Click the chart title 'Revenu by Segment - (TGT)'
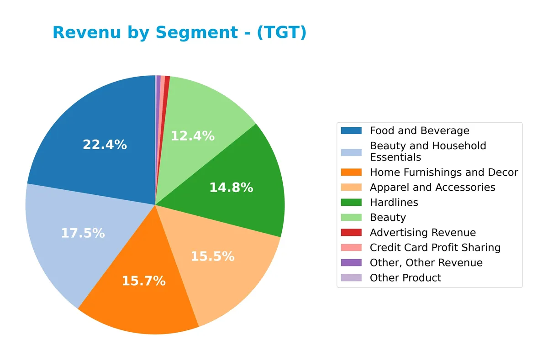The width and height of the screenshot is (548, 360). pyautogui.click(x=179, y=33)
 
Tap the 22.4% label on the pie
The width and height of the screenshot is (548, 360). pyautogui.click(x=105, y=145)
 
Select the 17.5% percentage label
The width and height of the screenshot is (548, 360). pyautogui.click(x=83, y=234)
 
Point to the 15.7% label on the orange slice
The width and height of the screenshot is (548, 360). pyautogui.click(x=143, y=281)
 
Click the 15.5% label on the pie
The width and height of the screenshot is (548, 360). pyautogui.click(x=212, y=257)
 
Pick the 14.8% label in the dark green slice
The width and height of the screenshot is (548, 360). pyautogui.click(x=231, y=188)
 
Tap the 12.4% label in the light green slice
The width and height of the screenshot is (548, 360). pyautogui.click(x=192, y=136)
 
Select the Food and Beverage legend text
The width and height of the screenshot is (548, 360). pyautogui.click(x=419, y=131)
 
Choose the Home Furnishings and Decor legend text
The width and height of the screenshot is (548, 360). pyautogui.click(x=443, y=172)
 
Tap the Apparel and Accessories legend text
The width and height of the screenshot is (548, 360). pyautogui.click(x=432, y=188)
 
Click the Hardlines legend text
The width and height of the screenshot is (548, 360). pyautogui.click(x=394, y=203)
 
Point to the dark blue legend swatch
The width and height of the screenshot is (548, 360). pyautogui.click(x=351, y=131)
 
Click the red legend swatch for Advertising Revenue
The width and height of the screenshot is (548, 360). pyautogui.click(x=351, y=233)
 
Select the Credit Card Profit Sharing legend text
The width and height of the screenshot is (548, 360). pyautogui.click(x=435, y=248)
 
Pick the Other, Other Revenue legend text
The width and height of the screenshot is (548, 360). pyautogui.click(x=426, y=263)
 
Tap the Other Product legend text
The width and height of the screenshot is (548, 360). pyautogui.click(x=405, y=278)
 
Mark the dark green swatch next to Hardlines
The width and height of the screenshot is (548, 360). pyautogui.click(x=351, y=203)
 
